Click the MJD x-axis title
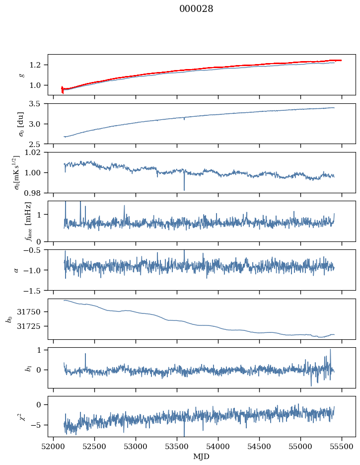point(202,456)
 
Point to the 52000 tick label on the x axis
point(54,446)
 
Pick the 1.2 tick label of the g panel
point(37,65)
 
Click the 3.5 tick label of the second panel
point(37,104)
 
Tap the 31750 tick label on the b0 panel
point(32,312)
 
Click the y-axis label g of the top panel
point(21,75)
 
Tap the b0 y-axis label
point(8,318)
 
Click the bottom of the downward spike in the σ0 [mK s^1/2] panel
point(184,190)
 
